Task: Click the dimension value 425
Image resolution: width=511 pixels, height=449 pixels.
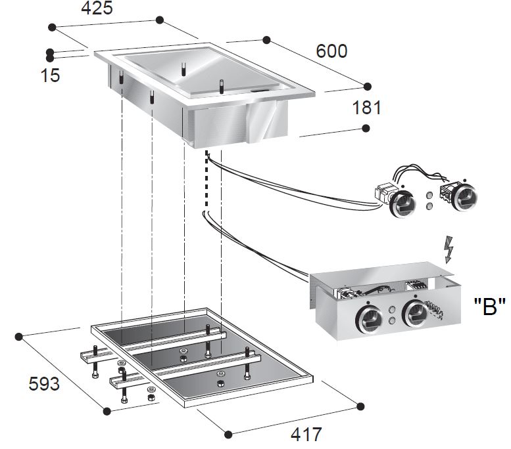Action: click(x=97, y=9)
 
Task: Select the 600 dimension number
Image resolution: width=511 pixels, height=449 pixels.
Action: click(x=331, y=51)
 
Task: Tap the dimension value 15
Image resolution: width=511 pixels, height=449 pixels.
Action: click(x=50, y=75)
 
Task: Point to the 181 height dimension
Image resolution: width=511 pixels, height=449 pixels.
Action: click(x=366, y=107)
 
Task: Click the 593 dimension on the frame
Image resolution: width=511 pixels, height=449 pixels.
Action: click(x=43, y=383)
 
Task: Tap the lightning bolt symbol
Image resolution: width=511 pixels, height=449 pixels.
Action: click(x=450, y=249)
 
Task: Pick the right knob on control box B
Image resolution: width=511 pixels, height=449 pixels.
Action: click(x=416, y=313)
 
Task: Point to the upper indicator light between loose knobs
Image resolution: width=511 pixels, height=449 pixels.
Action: click(x=431, y=194)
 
